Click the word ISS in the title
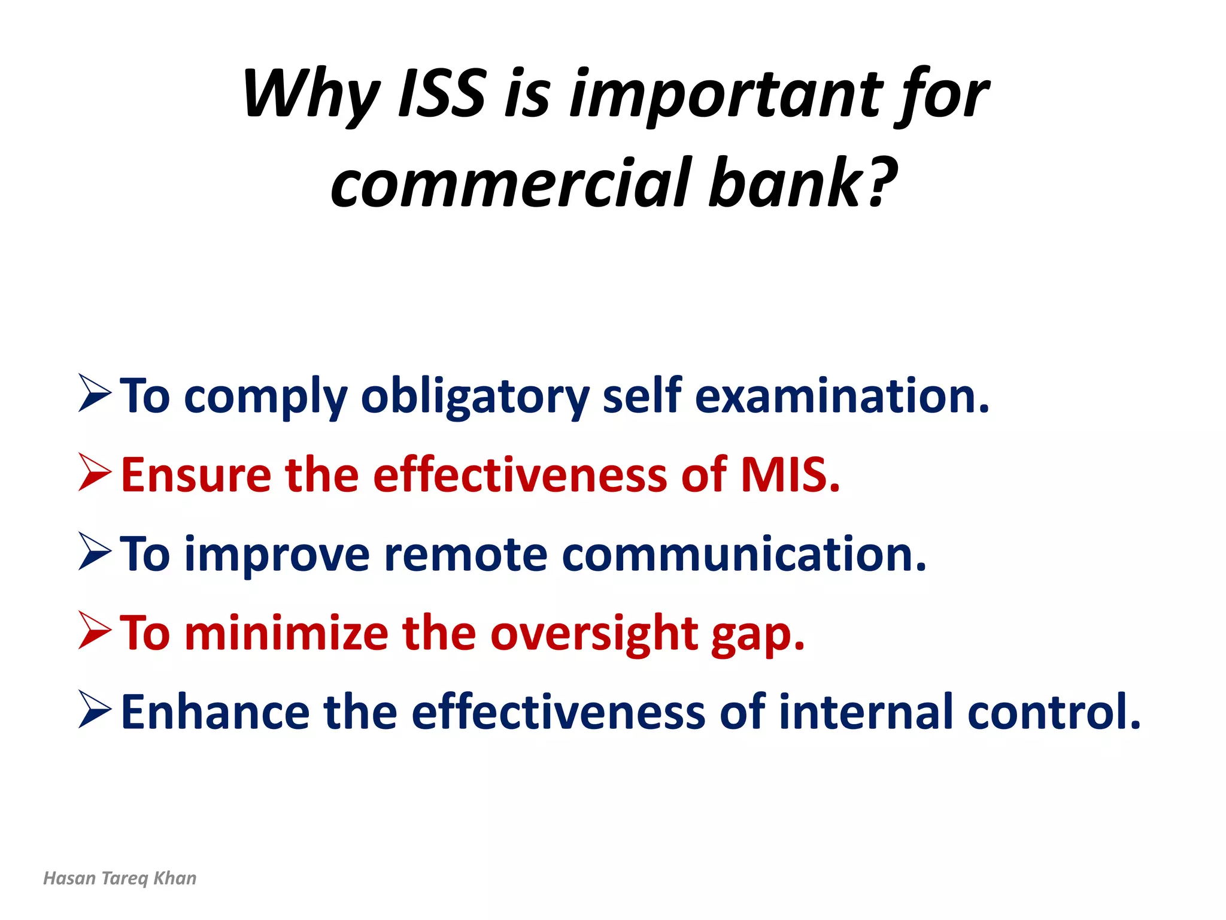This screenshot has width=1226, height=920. tap(442, 95)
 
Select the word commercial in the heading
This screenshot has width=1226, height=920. tap(511, 183)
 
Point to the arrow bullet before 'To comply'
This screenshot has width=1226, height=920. tap(95, 394)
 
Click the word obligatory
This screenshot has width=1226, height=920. tap(475, 397)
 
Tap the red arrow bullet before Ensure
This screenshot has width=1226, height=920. tap(95, 473)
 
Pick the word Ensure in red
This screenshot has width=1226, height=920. tap(196, 475)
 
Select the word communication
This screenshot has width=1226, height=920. tap(743, 555)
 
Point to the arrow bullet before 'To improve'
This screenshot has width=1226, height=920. tap(95, 552)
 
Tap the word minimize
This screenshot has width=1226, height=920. tap(286, 633)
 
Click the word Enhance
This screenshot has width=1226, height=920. tap(215, 712)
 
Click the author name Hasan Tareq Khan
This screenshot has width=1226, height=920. tap(120, 878)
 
